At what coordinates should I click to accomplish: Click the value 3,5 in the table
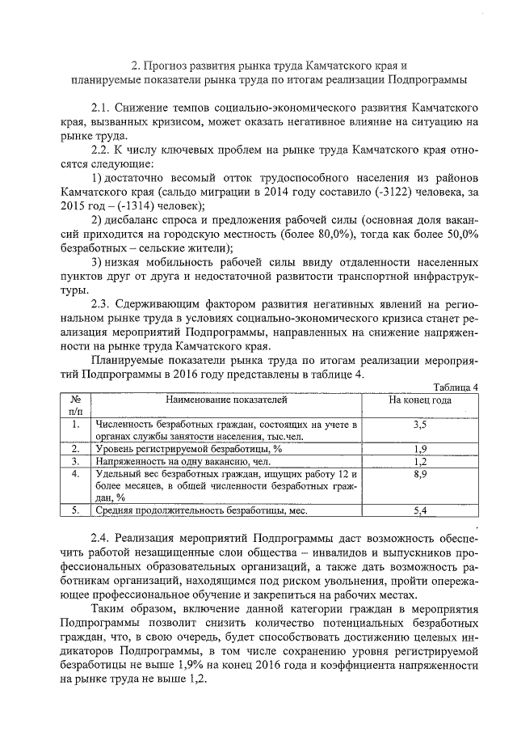click(x=419, y=424)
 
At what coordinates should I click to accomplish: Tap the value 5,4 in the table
click(x=419, y=510)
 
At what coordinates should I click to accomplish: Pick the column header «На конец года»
click(x=420, y=400)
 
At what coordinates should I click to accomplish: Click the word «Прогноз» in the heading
click(x=174, y=64)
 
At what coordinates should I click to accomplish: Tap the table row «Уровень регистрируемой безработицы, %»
click(x=188, y=449)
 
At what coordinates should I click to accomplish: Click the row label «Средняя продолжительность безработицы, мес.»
click(x=204, y=510)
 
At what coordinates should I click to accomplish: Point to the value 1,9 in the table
click(x=419, y=449)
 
